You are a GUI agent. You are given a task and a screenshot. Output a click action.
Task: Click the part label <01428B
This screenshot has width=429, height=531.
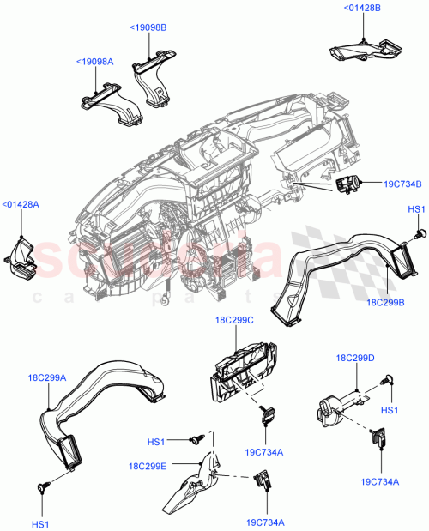362,9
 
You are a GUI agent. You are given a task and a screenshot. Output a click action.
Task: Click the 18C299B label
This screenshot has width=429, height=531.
385,303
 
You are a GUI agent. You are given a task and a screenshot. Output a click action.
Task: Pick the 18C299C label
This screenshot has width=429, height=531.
234,320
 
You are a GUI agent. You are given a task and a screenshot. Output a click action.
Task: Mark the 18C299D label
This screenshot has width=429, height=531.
355,358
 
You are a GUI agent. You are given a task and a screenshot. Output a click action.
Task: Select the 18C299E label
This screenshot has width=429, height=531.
148,466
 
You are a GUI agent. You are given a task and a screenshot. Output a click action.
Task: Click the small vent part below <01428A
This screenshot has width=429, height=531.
21,260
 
